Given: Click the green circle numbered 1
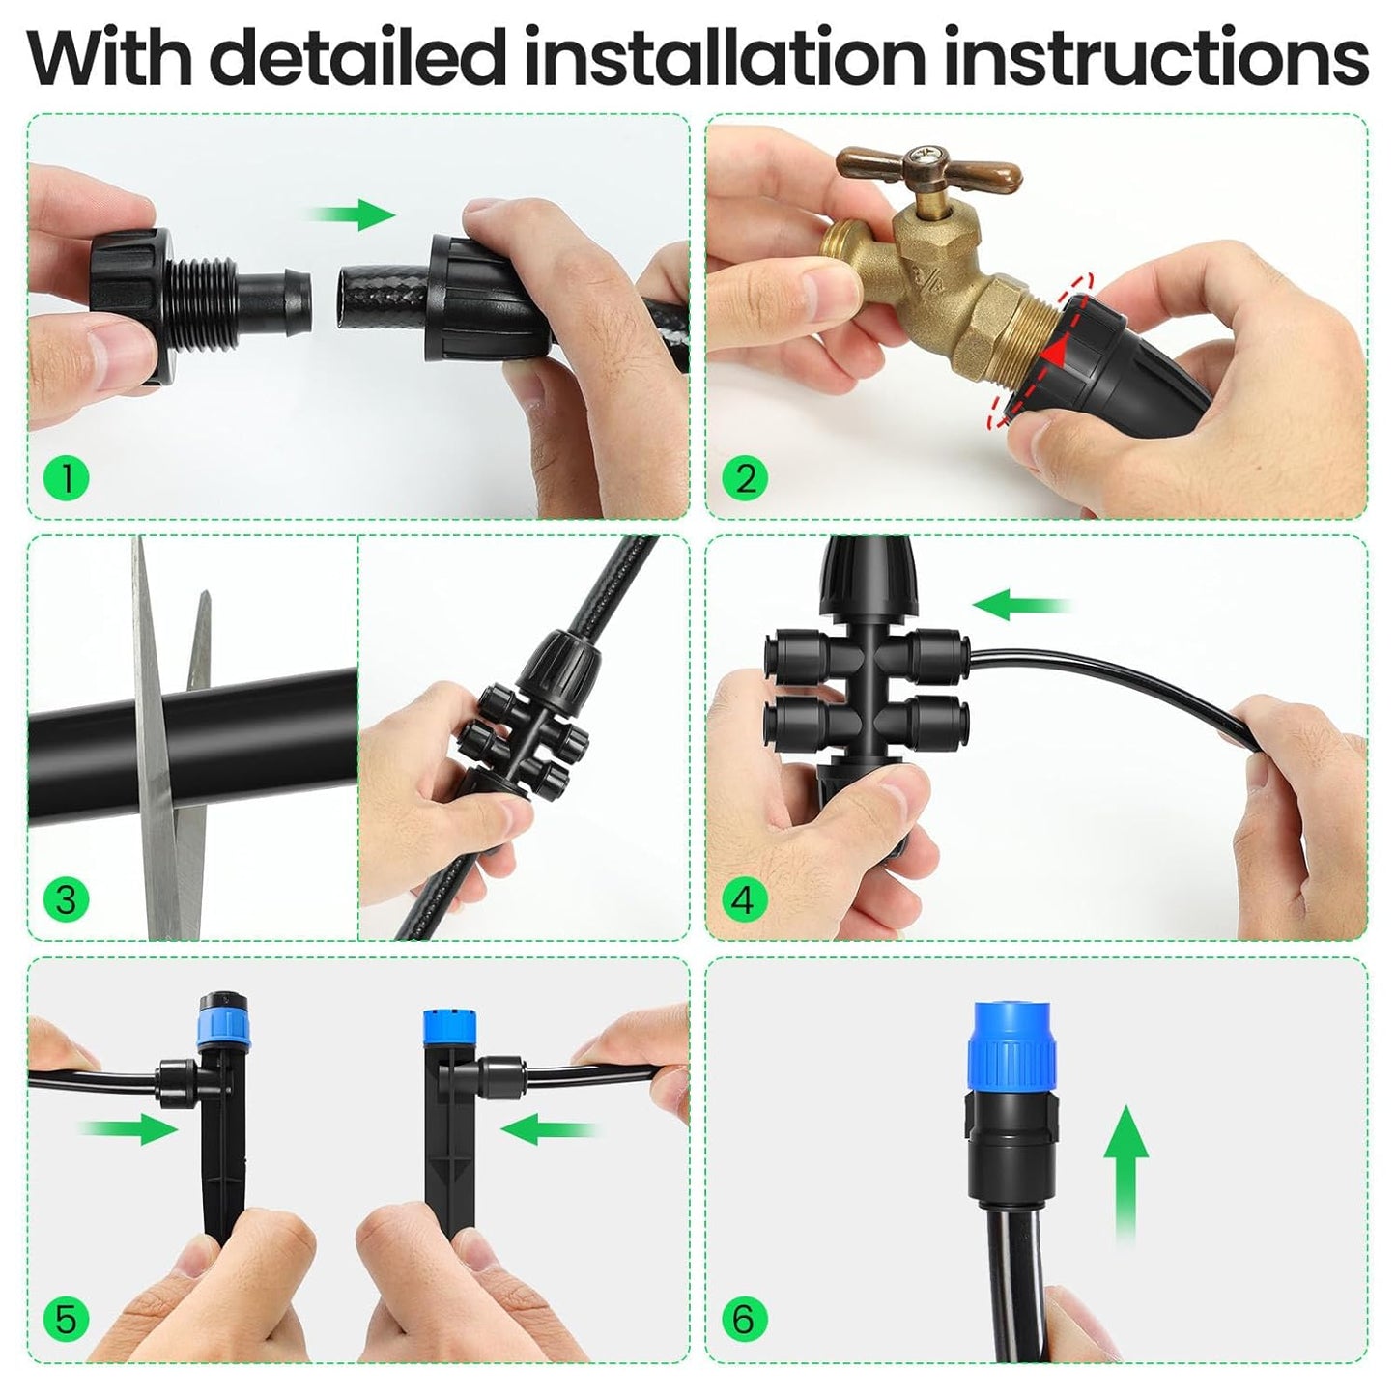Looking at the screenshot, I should pos(66,478).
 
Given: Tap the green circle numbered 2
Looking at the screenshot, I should pos(745,478).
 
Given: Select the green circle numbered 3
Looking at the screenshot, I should pos(66,900).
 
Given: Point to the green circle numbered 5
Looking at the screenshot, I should pos(66,1320).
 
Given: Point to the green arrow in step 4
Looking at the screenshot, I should pos(1019,606).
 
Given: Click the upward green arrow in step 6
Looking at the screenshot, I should pos(1125,1169).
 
